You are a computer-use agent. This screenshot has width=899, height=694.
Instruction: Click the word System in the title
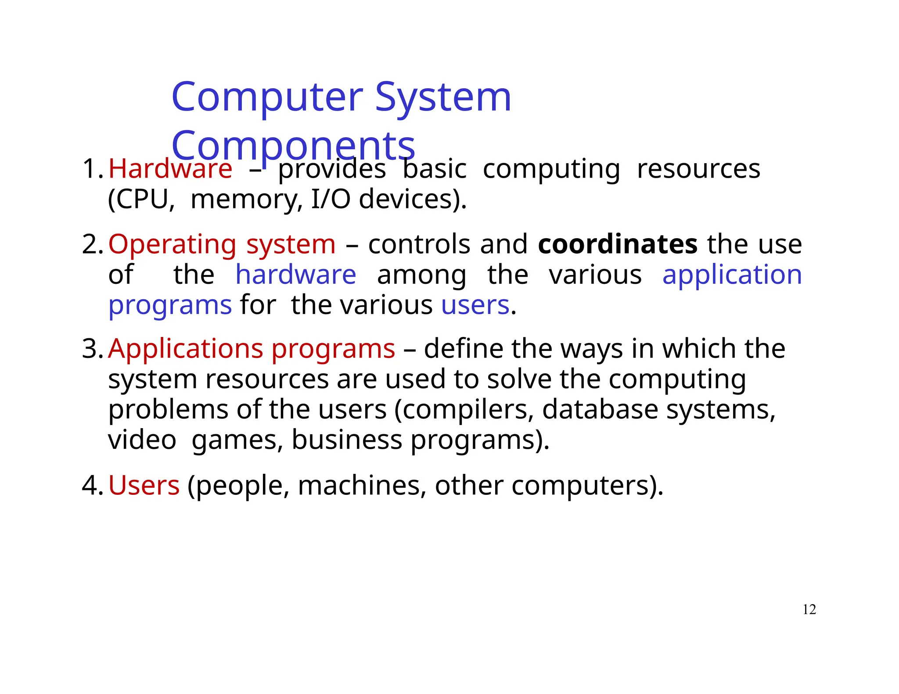tap(443, 97)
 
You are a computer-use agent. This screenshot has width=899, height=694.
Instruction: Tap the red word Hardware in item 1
tap(170, 169)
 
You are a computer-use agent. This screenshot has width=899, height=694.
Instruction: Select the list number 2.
tap(91, 244)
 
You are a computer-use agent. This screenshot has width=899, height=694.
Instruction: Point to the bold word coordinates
tap(618, 244)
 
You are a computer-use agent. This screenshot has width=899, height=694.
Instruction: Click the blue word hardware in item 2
tap(296, 275)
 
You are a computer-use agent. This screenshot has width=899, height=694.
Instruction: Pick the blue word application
tap(732, 275)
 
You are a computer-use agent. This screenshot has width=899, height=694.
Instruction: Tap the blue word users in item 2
tap(475, 305)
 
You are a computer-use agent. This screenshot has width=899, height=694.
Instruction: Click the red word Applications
tap(186, 349)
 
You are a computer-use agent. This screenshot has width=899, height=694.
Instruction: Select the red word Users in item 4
tap(144, 486)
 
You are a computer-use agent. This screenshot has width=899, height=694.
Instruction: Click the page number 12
tap(809, 609)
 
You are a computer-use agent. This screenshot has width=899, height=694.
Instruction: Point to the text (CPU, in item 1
tap(141, 200)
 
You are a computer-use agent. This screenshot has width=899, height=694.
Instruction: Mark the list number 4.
tap(91, 486)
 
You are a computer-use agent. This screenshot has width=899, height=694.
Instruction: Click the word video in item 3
tap(142, 440)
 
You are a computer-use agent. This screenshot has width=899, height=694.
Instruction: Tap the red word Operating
tap(172, 244)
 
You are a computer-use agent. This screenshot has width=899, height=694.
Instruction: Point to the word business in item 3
tap(347, 440)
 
